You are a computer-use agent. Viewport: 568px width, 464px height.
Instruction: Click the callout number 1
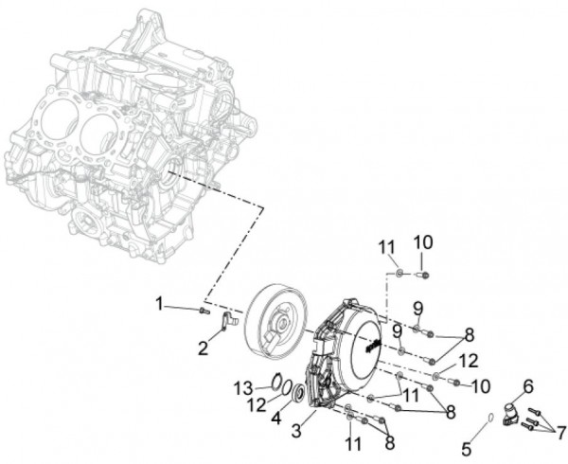pos(159,304)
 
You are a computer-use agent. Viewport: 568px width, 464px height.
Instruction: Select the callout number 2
pos(203,348)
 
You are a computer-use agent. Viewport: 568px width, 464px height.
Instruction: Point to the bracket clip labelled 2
pos(228,321)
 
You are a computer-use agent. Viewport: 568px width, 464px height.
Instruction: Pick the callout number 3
pos(296,431)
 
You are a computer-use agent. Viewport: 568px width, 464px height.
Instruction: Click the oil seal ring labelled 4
pos(299,393)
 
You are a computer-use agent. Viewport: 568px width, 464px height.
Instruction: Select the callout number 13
pos(242,388)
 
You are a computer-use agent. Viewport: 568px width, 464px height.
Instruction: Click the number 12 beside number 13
pos(257,404)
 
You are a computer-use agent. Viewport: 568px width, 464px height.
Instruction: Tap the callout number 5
pos(467,450)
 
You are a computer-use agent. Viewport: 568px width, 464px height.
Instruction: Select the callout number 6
pos(528,387)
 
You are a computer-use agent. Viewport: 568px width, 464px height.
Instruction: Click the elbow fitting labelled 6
pos(512,413)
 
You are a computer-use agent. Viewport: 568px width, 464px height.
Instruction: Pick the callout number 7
pos(561,432)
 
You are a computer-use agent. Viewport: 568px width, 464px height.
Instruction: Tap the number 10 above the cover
pos(423,242)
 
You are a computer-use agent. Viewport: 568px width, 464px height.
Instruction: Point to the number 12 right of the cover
pos(470,361)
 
